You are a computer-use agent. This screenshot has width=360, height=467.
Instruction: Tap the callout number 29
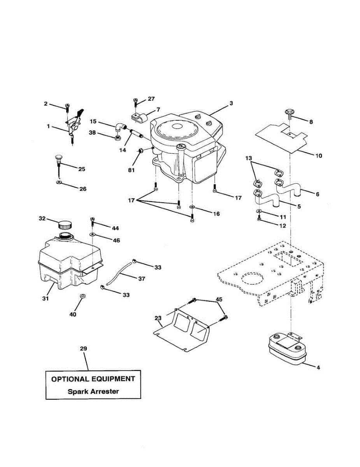[83, 349]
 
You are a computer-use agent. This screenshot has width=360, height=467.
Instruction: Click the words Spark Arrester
[93, 392]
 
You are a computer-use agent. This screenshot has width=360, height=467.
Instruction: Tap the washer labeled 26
[58, 182]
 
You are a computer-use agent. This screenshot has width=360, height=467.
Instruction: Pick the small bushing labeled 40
[82, 297]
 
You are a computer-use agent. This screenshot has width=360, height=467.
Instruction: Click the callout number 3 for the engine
[231, 103]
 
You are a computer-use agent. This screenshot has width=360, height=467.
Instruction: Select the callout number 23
[158, 318]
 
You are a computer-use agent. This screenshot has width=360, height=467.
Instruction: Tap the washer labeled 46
[93, 235]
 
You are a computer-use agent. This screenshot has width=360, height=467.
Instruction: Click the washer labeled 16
[193, 207]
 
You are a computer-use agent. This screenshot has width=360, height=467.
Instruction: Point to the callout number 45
[219, 300]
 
